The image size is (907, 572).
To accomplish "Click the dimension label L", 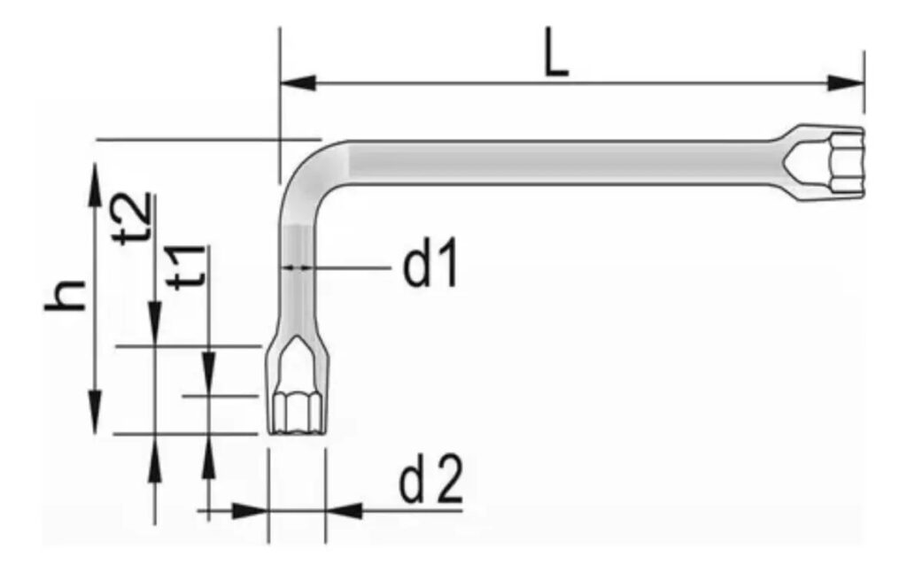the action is click(556, 58).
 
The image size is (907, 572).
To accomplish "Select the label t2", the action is click(134, 219).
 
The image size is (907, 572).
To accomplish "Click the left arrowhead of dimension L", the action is click(298, 82).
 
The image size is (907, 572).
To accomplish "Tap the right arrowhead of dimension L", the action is click(846, 82).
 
